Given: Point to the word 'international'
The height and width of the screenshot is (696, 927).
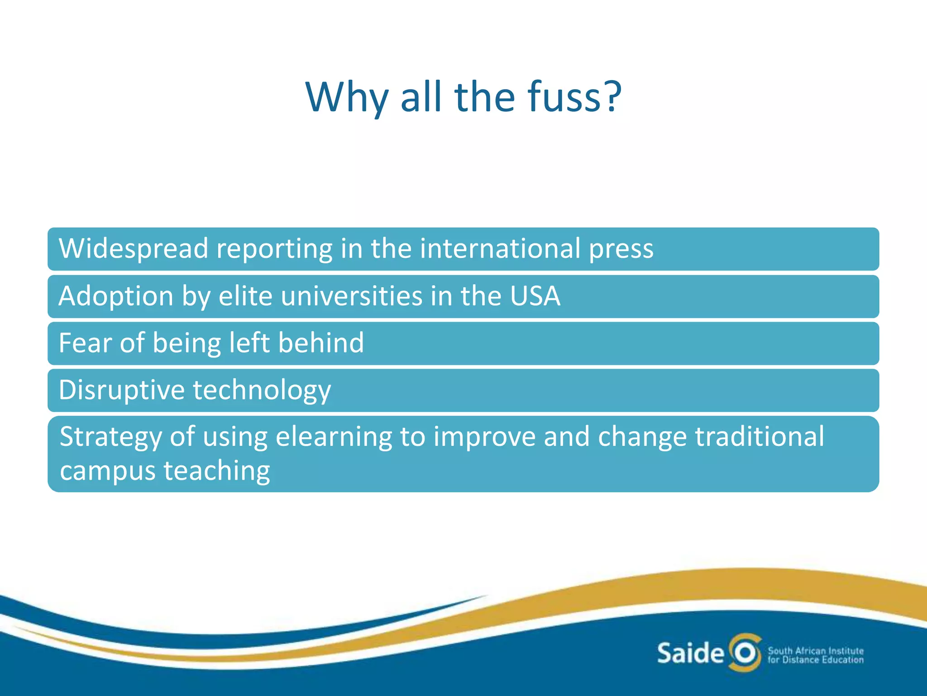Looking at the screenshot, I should (500, 248).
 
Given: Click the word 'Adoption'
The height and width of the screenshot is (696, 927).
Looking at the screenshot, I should (116, 297).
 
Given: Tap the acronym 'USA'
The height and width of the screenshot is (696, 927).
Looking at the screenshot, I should (535, 296).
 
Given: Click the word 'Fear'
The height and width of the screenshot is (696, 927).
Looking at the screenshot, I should (86, 343).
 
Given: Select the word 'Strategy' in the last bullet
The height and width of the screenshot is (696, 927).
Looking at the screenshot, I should (111, 438).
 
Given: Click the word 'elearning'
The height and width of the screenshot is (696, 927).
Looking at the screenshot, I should (334, 438).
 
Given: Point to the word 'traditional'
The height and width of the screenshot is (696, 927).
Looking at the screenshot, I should (760, 437).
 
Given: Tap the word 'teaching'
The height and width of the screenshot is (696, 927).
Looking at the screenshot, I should (217, 472).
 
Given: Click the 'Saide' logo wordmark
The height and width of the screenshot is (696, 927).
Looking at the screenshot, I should (690, 653).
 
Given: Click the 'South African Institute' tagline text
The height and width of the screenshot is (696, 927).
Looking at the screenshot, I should (816, 651).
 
